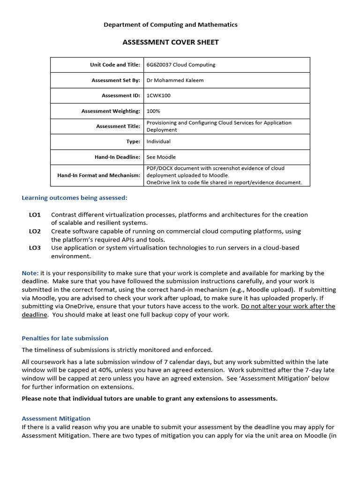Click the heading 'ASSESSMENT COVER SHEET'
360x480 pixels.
(171, 42)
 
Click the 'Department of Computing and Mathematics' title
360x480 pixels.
(171, 25)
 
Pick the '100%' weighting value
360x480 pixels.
(153, 111)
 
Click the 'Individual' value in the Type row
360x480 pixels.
(158, 142)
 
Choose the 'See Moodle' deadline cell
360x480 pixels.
(161, 157)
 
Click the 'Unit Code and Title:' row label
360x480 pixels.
(115, 65)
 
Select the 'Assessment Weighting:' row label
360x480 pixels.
(111, 111)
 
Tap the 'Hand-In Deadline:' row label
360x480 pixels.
(117, 157)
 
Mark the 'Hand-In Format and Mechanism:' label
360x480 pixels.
(98, 175)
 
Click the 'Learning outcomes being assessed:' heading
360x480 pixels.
(75, 198)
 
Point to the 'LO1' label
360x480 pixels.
(35, 215)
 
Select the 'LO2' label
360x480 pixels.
(35, 231)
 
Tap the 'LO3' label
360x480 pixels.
(35, 247)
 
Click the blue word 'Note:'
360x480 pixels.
(30, 273)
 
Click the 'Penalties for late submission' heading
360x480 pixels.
(65, 338)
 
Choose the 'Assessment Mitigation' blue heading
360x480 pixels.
(56, 419)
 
